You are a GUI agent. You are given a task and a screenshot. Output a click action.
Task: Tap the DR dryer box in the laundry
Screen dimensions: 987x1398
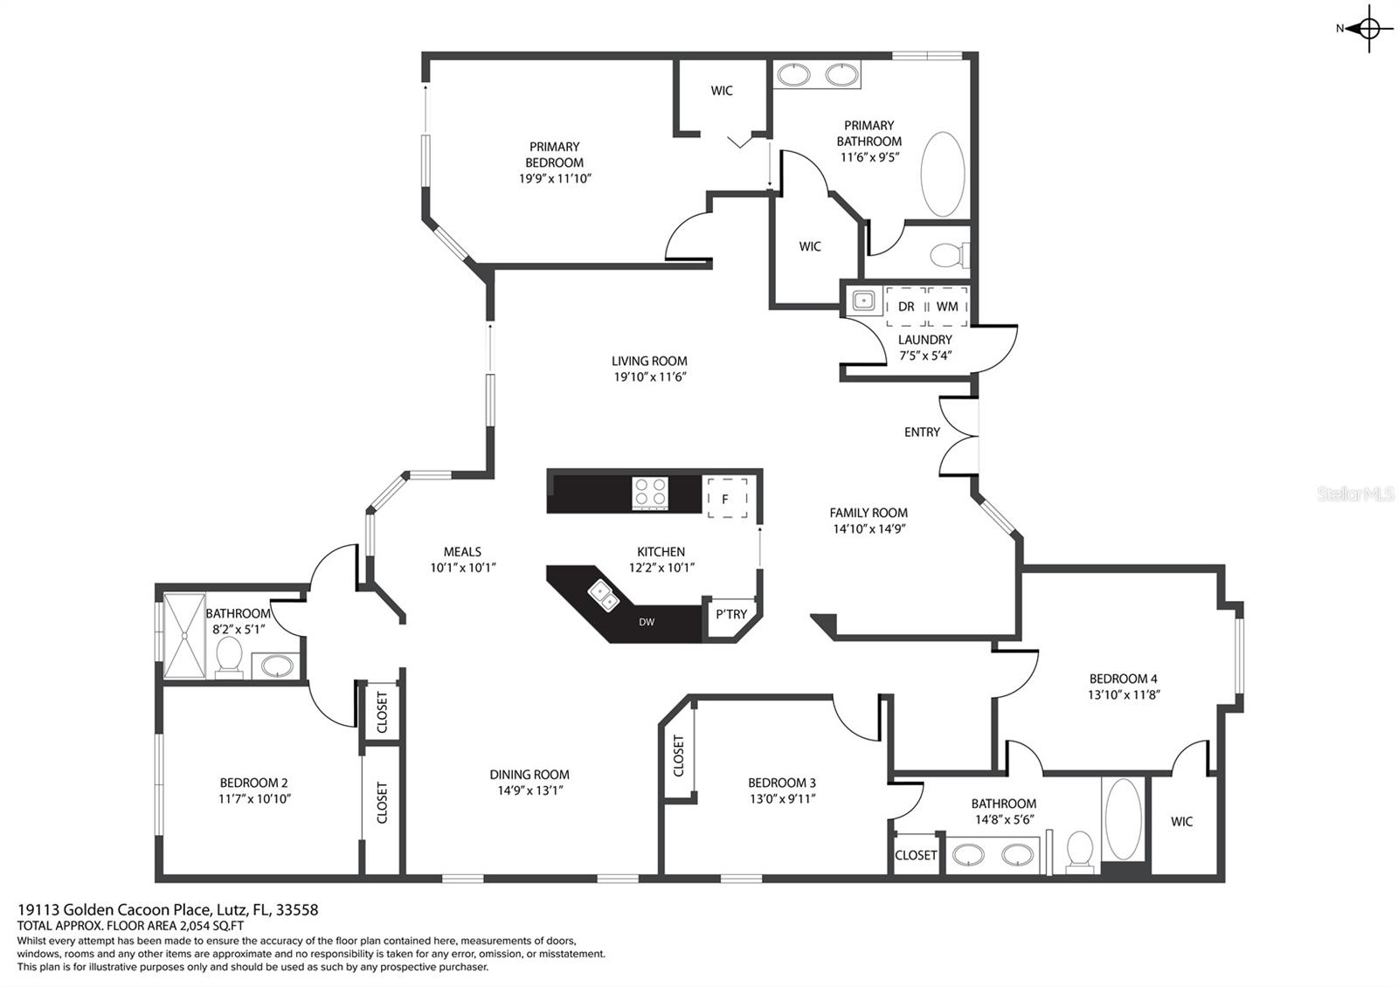click(x=906, y=306)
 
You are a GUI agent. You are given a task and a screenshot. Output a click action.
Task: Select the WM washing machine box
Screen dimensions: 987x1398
click(x=947, y=306)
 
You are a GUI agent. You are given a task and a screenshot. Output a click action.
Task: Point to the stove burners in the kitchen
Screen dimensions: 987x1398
click(x=650, y=492)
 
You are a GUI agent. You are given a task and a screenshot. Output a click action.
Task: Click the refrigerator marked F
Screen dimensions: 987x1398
click(x=725, y=498)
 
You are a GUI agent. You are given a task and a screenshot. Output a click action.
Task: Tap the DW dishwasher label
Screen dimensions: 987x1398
click(x=647, y=622)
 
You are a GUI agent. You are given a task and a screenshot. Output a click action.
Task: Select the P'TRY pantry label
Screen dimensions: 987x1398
click(x=731, y=614)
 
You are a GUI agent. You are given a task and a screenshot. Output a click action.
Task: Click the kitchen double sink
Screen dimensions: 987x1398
click(x=603, y=595)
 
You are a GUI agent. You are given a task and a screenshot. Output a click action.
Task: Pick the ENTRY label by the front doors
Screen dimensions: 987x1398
click(x=922, y=432)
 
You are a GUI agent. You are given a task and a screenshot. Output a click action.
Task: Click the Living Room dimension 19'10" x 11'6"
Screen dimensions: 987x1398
click(x=649, y=377)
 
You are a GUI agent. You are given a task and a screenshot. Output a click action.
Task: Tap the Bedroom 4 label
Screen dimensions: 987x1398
click(x=1123, y=679)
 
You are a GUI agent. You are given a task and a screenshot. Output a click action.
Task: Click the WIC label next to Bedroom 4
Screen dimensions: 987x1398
click(x=1181, y=821)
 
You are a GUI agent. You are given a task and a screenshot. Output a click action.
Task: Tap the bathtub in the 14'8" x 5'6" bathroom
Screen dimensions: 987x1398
click(x=1123, y=819)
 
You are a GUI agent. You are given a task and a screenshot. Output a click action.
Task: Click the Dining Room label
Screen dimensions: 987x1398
click(x=529, y=774)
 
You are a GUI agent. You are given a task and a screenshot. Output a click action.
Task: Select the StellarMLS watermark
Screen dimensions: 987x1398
click(x=1355, y=495)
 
